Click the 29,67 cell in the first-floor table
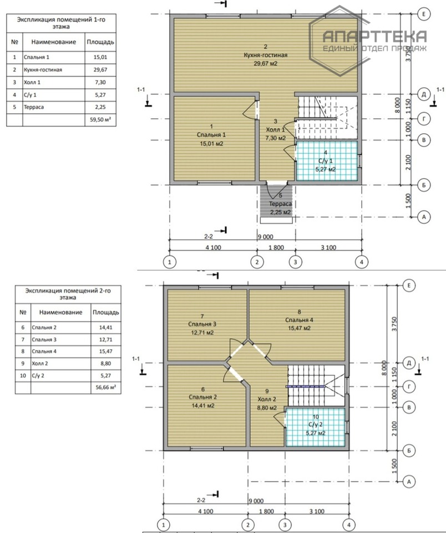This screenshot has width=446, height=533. (100, 70)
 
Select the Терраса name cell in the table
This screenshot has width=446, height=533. (54, 107)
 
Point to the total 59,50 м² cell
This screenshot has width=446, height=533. (100, 120)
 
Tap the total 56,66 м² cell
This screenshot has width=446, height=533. (105, 387)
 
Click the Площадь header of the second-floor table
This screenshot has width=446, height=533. (105, 312)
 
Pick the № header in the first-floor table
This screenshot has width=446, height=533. (14, 42)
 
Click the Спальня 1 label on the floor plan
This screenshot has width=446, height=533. (211, 135)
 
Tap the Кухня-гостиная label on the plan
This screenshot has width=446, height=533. (266, 55)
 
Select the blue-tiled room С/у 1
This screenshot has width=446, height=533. (327, 161)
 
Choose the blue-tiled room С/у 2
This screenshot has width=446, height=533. (315, 428)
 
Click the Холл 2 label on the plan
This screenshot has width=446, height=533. (267, 399)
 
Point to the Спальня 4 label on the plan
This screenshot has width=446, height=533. (299, 320)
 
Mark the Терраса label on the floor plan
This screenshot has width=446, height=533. (281, 204)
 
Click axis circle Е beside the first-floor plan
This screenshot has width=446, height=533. (424, 14)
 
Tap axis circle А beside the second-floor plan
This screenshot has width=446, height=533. (409, 482)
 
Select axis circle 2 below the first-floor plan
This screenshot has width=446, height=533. (257, 262)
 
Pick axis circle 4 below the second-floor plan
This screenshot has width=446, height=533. (349, 525)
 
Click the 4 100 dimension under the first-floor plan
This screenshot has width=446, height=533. (213, 248)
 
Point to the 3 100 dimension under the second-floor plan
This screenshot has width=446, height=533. (317, 511)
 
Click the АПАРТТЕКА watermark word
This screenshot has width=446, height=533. (374, 36)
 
